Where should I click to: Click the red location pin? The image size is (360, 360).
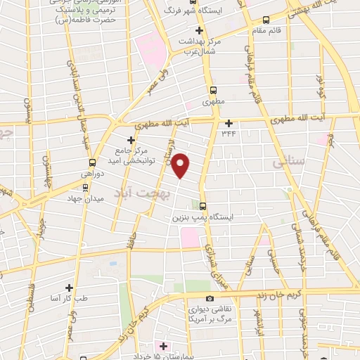(181, 165)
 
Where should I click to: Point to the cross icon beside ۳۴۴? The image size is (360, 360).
(229, 122)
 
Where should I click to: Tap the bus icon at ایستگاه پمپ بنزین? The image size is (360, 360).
(202, 206)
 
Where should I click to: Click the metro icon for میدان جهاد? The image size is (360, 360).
(86, 188)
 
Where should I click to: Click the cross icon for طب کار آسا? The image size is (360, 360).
(69, 288)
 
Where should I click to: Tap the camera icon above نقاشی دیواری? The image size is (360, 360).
(210, 299)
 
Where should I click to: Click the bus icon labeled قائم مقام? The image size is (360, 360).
(266, 20)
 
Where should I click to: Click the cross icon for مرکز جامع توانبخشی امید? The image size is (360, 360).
(131, 140)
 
